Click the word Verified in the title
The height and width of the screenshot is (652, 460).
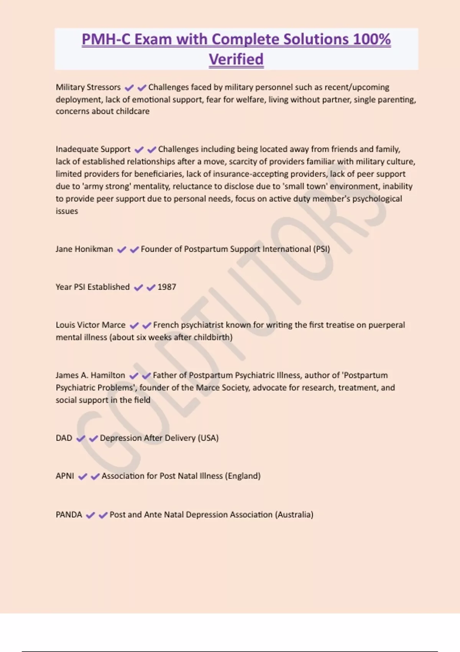(x=236, y=59)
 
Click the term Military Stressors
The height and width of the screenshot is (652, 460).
(x=88, y=87)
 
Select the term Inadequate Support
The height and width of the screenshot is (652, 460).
(x=93, y=149)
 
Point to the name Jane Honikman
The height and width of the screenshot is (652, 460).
(x=84, y=249)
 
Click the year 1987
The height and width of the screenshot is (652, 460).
(x=167, y=287)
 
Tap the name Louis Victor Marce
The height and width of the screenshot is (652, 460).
(x=90, y=325)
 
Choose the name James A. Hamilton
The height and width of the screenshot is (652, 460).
(x=90, y=375)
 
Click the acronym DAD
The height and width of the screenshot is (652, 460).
(x=64, y=438)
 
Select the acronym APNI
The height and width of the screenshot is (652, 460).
(x=65, y=476)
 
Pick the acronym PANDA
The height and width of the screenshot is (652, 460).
(x=69, y=515)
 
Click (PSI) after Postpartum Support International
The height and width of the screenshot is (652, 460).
(x=322, y=249)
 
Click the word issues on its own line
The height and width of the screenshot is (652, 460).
(x=67, y=211)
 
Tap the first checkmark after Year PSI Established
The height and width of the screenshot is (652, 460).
(x=138, y=288)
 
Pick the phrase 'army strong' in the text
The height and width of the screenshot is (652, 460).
(x=105, y=186)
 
